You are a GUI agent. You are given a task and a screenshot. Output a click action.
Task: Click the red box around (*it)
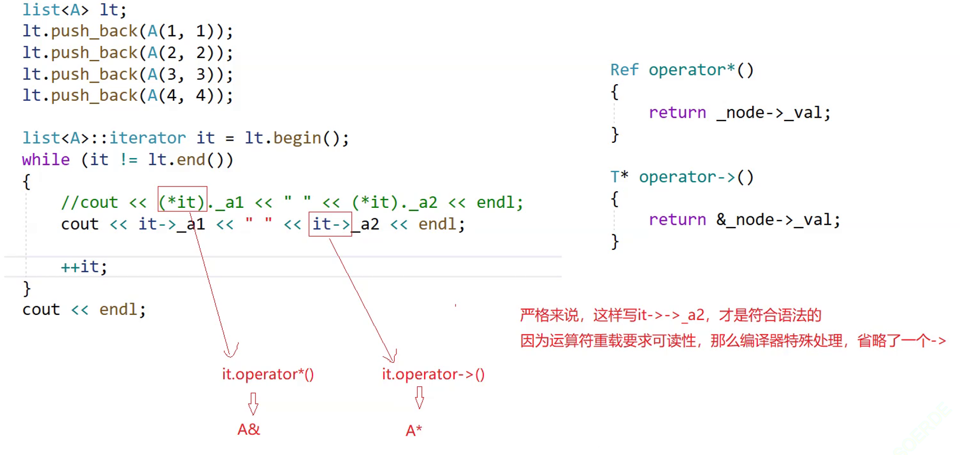182,199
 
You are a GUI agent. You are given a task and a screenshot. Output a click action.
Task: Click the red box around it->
330,224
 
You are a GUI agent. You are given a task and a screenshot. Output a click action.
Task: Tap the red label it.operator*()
268,374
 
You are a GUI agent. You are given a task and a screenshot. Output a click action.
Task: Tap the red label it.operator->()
433,374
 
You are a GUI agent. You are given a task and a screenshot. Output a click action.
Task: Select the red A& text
249,429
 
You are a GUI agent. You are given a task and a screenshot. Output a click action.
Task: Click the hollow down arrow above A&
253,403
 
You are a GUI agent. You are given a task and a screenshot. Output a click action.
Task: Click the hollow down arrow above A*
419,397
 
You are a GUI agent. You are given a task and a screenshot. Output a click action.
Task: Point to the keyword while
46,160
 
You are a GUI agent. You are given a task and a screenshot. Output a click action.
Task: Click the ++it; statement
84,267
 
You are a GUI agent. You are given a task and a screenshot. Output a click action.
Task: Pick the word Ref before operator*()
624,70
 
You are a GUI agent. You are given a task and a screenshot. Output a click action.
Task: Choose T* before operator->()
619,177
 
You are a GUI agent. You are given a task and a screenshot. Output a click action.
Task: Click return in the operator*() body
677,113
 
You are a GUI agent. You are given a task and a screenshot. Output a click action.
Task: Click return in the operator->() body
677,220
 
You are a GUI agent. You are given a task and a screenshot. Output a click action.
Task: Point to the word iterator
148,139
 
